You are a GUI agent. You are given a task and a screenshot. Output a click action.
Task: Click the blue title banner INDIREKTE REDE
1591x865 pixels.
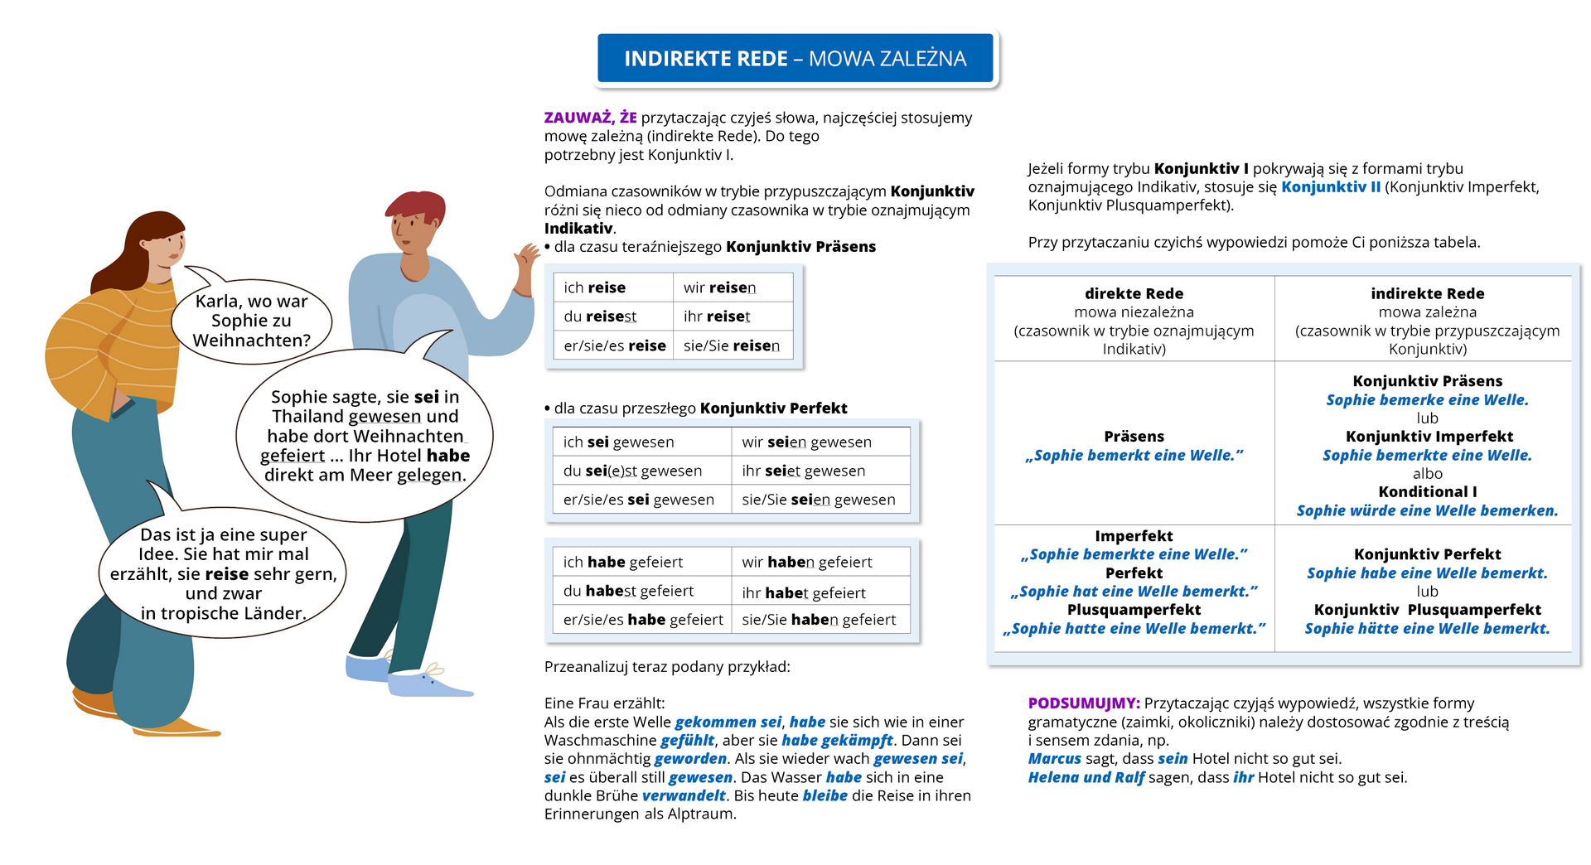coord(795,58)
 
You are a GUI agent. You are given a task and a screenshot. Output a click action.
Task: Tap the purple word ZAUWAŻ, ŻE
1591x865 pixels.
coord(590,118)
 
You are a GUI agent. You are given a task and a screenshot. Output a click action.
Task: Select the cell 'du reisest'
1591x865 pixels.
coord(600,317)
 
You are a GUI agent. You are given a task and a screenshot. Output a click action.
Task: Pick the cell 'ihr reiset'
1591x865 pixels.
coord(717,317)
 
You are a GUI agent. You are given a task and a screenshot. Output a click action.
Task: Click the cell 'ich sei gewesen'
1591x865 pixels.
coord(618,442)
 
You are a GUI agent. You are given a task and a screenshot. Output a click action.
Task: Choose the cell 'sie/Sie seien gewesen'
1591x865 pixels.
coord(818,500)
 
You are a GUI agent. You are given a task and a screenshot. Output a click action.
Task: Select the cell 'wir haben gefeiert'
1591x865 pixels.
coord(806,563)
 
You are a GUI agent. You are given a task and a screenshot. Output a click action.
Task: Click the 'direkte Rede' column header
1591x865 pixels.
coord(1134,294)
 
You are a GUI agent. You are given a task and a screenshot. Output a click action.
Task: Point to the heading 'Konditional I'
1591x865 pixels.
coord(1427,492)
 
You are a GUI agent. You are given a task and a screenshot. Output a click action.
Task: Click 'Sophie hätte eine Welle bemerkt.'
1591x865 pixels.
coord(1427,629)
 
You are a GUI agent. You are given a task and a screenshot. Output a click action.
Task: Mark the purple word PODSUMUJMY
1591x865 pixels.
coord(1084,703)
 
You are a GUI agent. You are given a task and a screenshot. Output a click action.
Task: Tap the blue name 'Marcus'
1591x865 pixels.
coord(1054,759)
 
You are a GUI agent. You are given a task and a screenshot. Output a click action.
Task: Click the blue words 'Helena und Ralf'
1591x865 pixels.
coord(1086,778)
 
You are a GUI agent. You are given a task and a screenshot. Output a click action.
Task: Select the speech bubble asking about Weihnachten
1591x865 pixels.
coord(251,321)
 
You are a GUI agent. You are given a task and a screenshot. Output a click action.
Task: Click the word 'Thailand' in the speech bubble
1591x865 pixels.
coord(307,417)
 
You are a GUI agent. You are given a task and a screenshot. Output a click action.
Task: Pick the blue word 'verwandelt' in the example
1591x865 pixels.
coord(684,796)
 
